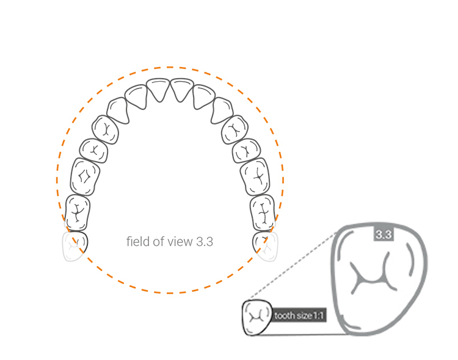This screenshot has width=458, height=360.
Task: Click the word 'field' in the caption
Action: [x=137, y=242]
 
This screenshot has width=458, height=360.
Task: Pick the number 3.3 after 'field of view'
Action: [x=205, y=242]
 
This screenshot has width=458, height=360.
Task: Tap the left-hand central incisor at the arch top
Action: [x=159, y=89]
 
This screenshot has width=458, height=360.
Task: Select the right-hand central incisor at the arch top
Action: [x=182, y=89]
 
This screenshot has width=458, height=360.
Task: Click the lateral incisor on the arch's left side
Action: [x=136, y=96]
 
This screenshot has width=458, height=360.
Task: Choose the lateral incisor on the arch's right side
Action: [x=204, y=96]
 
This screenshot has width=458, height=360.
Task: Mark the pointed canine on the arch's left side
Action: [x=118, y=110]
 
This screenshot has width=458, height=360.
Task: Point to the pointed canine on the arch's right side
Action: [x=223, y=109]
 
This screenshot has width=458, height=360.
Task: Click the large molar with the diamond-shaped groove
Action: [x=85, y=176]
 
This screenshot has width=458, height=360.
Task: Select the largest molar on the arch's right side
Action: [x=255, y=177]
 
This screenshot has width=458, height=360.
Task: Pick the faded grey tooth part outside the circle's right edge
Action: [x=271, y=249]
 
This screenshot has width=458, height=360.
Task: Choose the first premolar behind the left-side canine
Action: [x=105, y=129]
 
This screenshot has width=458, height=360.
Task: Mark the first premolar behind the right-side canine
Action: [x=234, y=129]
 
